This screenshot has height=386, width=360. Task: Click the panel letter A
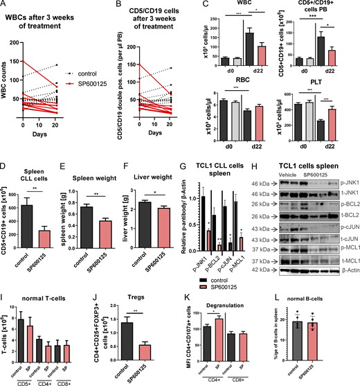5,6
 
